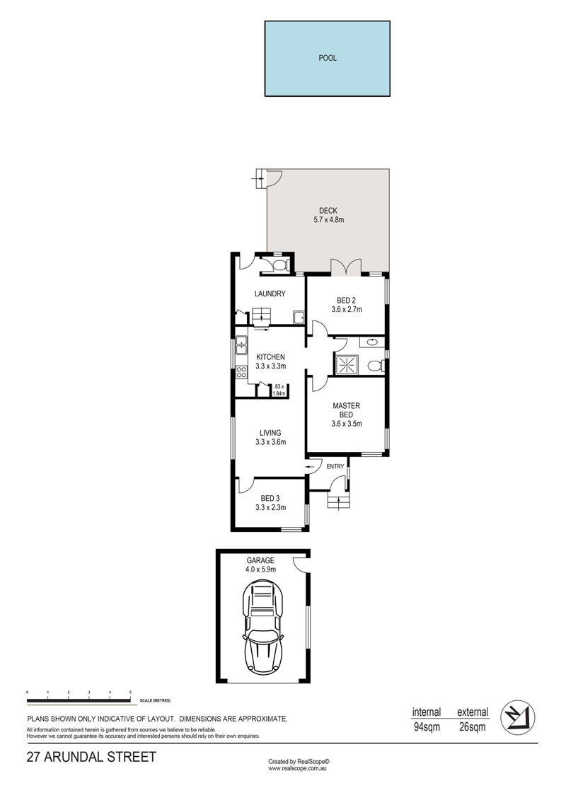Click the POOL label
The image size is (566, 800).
click(x=328, y=58)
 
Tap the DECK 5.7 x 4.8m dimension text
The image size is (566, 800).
click(x=329, y=220)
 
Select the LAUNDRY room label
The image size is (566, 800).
click(x=270, y=294)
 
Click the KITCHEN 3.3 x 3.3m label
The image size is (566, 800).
click(x=270, y=361)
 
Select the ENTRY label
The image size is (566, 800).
click(x=335, y=466)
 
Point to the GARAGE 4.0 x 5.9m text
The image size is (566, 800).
click(x=261, y=564)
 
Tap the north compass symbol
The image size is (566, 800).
click(x=517, y=717)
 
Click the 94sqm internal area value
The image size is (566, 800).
click(x=427, y=727)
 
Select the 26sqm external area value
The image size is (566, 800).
click(x=473, y=727)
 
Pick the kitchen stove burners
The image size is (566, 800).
click(x=241, y=371)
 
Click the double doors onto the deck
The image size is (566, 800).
click(x=346, y=267)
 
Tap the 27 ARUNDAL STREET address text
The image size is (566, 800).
click(x=91, y=757)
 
